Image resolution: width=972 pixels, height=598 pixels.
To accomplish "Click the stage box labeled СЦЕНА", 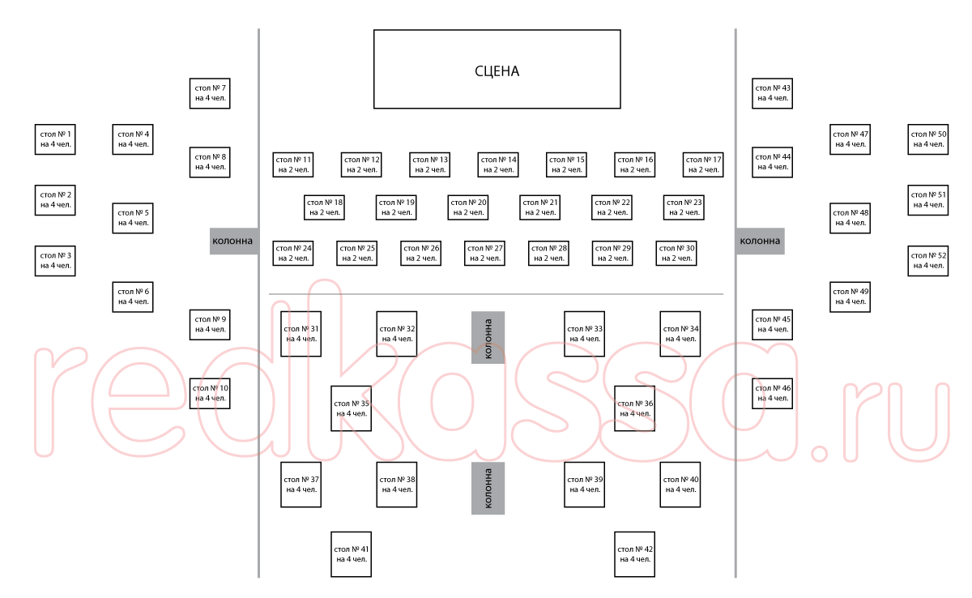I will [497, 70].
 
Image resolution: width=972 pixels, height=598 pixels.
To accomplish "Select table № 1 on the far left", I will [55, 139].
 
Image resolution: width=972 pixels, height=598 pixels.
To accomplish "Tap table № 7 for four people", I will [210, 93].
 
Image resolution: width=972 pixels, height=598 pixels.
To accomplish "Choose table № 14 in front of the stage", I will [497, 164].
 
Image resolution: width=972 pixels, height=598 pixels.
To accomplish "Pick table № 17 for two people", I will [702, 164].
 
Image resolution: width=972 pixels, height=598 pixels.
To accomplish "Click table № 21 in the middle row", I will [539, 207].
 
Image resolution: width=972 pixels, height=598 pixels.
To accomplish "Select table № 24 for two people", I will [293, 253].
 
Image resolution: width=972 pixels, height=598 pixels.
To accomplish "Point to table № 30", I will [676, 253].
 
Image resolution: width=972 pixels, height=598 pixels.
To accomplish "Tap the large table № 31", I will [301, 333].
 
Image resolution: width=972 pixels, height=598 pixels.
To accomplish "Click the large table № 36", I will [634, 408].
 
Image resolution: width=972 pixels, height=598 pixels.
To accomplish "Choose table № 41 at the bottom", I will [351, 554].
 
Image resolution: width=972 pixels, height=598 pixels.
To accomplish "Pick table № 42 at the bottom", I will [634, 554].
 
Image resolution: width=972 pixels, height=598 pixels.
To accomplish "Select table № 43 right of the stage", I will [773, 93].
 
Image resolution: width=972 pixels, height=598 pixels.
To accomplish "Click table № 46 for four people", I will [773, 393].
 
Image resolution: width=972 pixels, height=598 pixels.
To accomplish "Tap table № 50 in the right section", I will [927, 139].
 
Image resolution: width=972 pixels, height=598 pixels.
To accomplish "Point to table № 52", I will [927, 260].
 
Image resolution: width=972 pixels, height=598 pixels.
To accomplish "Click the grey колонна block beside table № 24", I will [233, 241].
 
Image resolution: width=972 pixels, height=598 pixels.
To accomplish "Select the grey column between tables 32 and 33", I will [488, 337].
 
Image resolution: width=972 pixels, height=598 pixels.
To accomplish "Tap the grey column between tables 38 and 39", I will [488, 488].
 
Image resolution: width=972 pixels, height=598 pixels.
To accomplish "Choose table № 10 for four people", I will [210, 393].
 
